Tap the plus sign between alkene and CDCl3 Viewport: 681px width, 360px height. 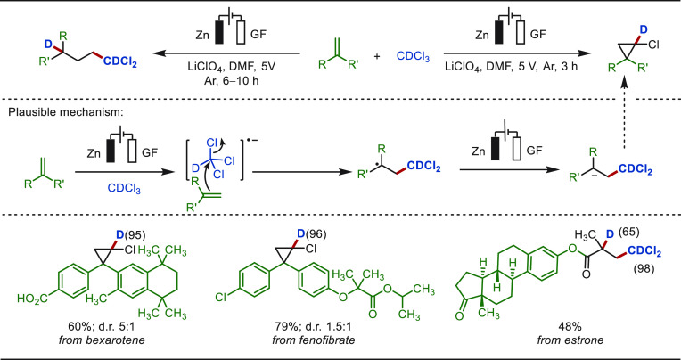coord(376,56)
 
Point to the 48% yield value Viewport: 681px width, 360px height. coord(570,325)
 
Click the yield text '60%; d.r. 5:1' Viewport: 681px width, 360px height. coord(111,325)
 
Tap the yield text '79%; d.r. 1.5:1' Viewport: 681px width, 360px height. coord(314,325)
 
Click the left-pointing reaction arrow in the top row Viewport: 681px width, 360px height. coord(226,54)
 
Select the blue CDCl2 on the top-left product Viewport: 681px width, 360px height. coord(119,63)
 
